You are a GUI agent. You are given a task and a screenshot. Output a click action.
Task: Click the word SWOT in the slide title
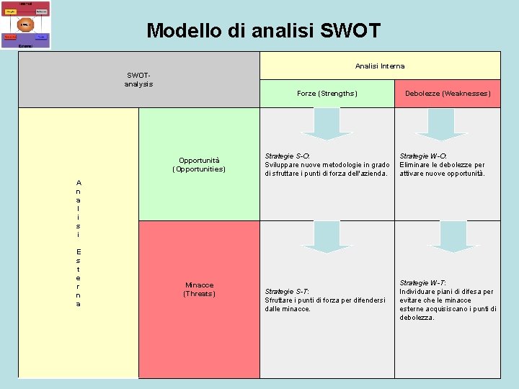[349, 30]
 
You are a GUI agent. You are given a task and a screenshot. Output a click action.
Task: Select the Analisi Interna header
[379, 66]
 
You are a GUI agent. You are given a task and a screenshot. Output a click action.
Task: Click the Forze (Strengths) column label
[327, 94]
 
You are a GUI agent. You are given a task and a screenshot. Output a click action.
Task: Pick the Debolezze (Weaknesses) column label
[448, 94]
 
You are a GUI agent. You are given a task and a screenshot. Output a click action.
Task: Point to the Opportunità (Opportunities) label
[199, 164]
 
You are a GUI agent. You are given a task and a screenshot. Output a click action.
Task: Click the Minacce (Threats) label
[199, 289]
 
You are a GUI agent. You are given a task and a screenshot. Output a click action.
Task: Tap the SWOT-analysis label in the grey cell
[138, 79]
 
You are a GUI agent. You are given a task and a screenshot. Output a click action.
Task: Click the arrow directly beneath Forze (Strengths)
[327, 124]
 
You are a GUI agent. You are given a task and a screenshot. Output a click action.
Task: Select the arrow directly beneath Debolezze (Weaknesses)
[440, 124]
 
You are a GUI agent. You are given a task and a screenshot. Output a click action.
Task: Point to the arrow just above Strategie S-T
[327, 237]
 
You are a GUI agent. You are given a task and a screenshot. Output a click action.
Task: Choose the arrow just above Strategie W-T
[449, 236]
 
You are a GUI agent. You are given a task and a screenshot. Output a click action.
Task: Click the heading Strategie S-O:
[288, 156]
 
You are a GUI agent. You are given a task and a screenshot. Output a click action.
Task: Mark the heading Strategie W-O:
[423, 156]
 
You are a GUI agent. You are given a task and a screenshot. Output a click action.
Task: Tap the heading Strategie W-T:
[423, 282]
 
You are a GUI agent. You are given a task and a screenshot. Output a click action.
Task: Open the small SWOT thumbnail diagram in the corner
[26, 24]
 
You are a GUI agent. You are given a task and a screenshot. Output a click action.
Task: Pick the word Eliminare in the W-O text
[416, 165]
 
